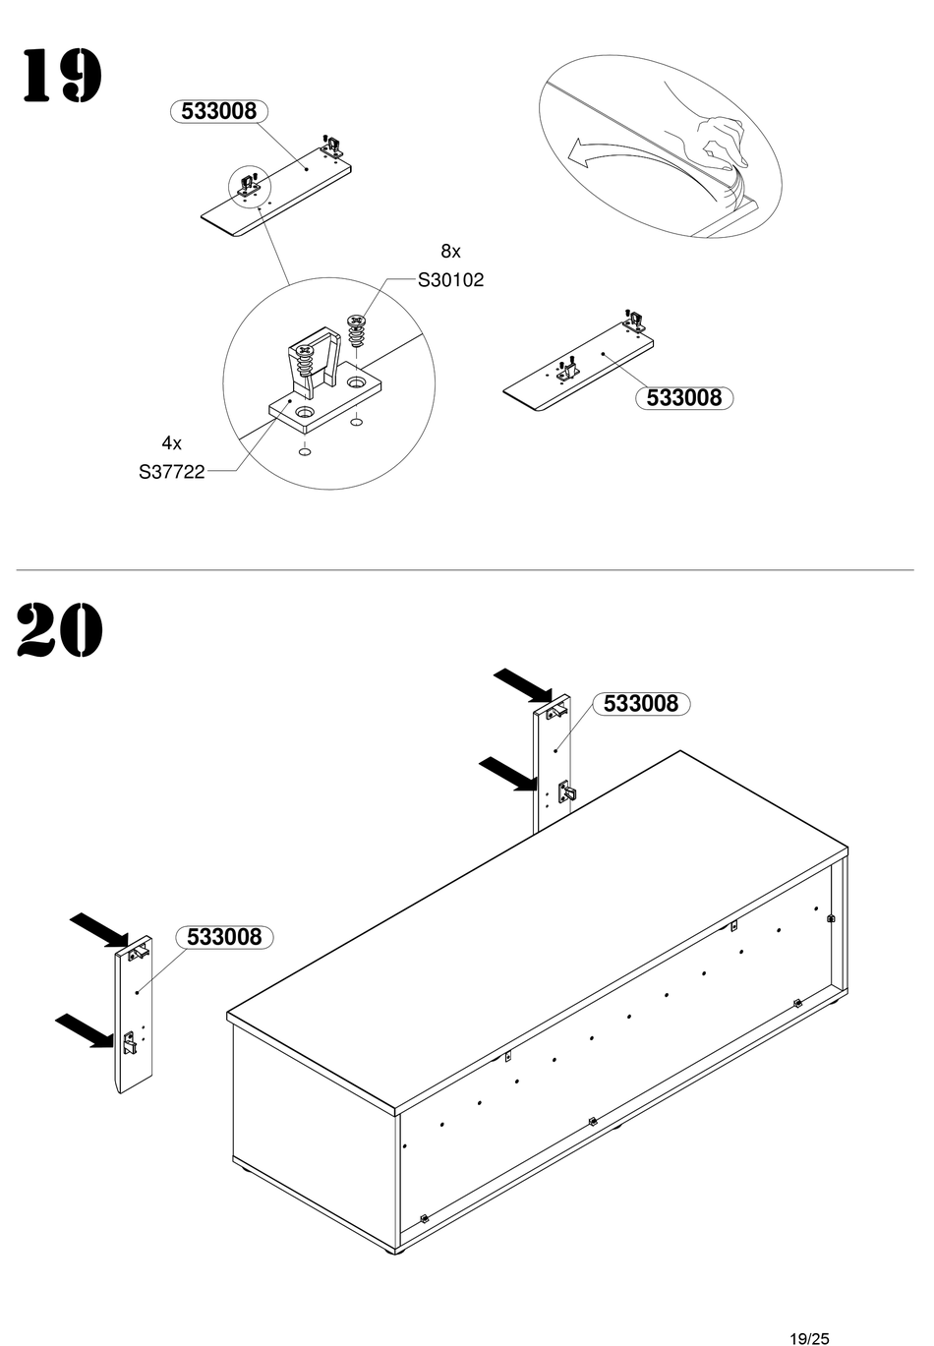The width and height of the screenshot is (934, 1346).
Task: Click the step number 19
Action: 60,76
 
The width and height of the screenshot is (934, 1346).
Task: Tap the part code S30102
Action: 450,280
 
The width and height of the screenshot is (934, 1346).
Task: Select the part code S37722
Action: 171,472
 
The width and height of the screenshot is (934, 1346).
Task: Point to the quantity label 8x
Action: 450,252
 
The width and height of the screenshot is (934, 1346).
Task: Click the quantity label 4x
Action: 172,443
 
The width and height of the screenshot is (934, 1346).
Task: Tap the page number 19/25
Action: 808,1337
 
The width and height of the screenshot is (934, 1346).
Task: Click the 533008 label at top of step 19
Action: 218,111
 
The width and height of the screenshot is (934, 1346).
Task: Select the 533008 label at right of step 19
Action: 683,397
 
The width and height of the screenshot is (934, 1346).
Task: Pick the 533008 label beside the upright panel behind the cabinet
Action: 640,703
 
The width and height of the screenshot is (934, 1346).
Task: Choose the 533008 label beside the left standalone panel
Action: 224,937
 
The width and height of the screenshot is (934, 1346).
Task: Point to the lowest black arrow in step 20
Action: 86,1030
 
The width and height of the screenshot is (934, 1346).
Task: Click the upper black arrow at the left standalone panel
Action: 99,927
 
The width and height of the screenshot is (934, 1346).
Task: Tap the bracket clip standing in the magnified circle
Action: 313,366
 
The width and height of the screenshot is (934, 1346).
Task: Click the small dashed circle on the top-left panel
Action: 249,184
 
